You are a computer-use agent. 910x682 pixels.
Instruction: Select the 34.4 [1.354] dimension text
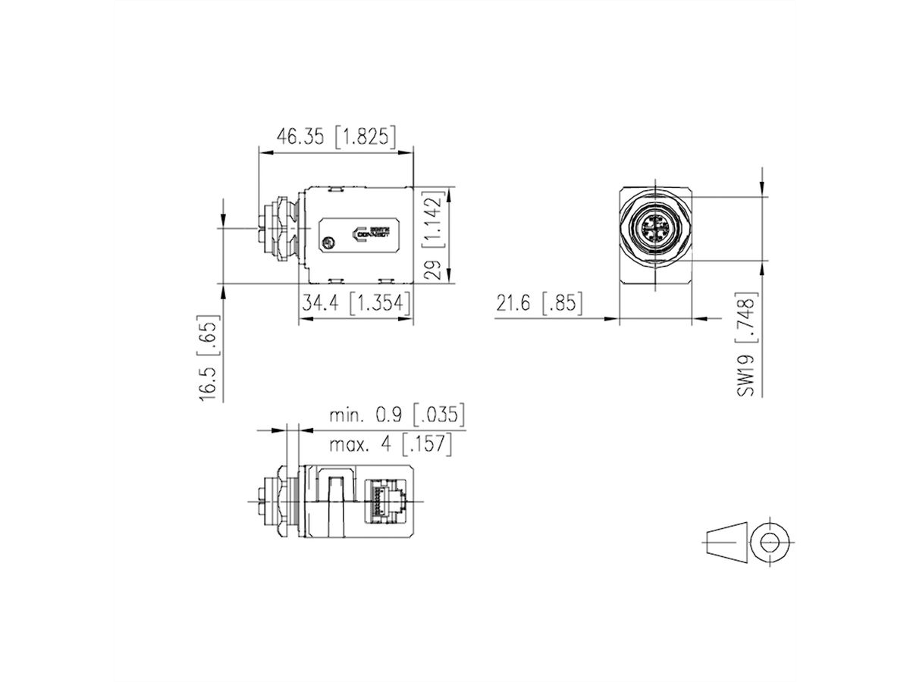[355, 303]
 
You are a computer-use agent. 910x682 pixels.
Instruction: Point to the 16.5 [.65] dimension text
[210, 358]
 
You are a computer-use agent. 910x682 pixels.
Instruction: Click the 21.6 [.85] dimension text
[539, 304]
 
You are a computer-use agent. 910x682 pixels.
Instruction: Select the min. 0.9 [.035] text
[396, 415]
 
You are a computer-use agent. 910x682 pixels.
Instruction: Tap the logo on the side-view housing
[372, 232]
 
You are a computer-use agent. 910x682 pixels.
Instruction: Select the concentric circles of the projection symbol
[770, 543]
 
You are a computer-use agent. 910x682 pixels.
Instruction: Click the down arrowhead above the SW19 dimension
[763, 191]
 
